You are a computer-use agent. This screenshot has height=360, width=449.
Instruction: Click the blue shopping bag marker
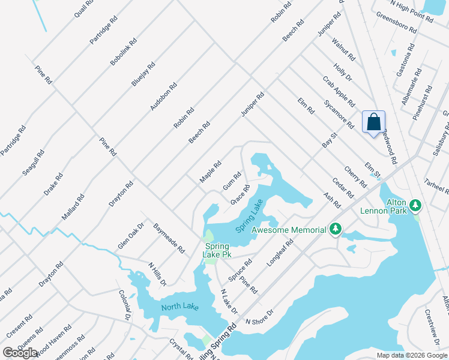[x=373, y=122]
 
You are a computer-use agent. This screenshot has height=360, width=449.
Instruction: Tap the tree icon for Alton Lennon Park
[x=415, y=207]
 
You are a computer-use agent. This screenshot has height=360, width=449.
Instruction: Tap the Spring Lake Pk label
[x=218, y=250]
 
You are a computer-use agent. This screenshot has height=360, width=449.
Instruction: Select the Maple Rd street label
[x=211, y=172]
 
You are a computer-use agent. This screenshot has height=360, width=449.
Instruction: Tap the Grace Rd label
[x=240, y=195]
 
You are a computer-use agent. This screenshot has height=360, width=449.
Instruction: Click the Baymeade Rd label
[x=169, y=238]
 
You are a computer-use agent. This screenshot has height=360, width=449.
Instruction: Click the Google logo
[x=20, y=353]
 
